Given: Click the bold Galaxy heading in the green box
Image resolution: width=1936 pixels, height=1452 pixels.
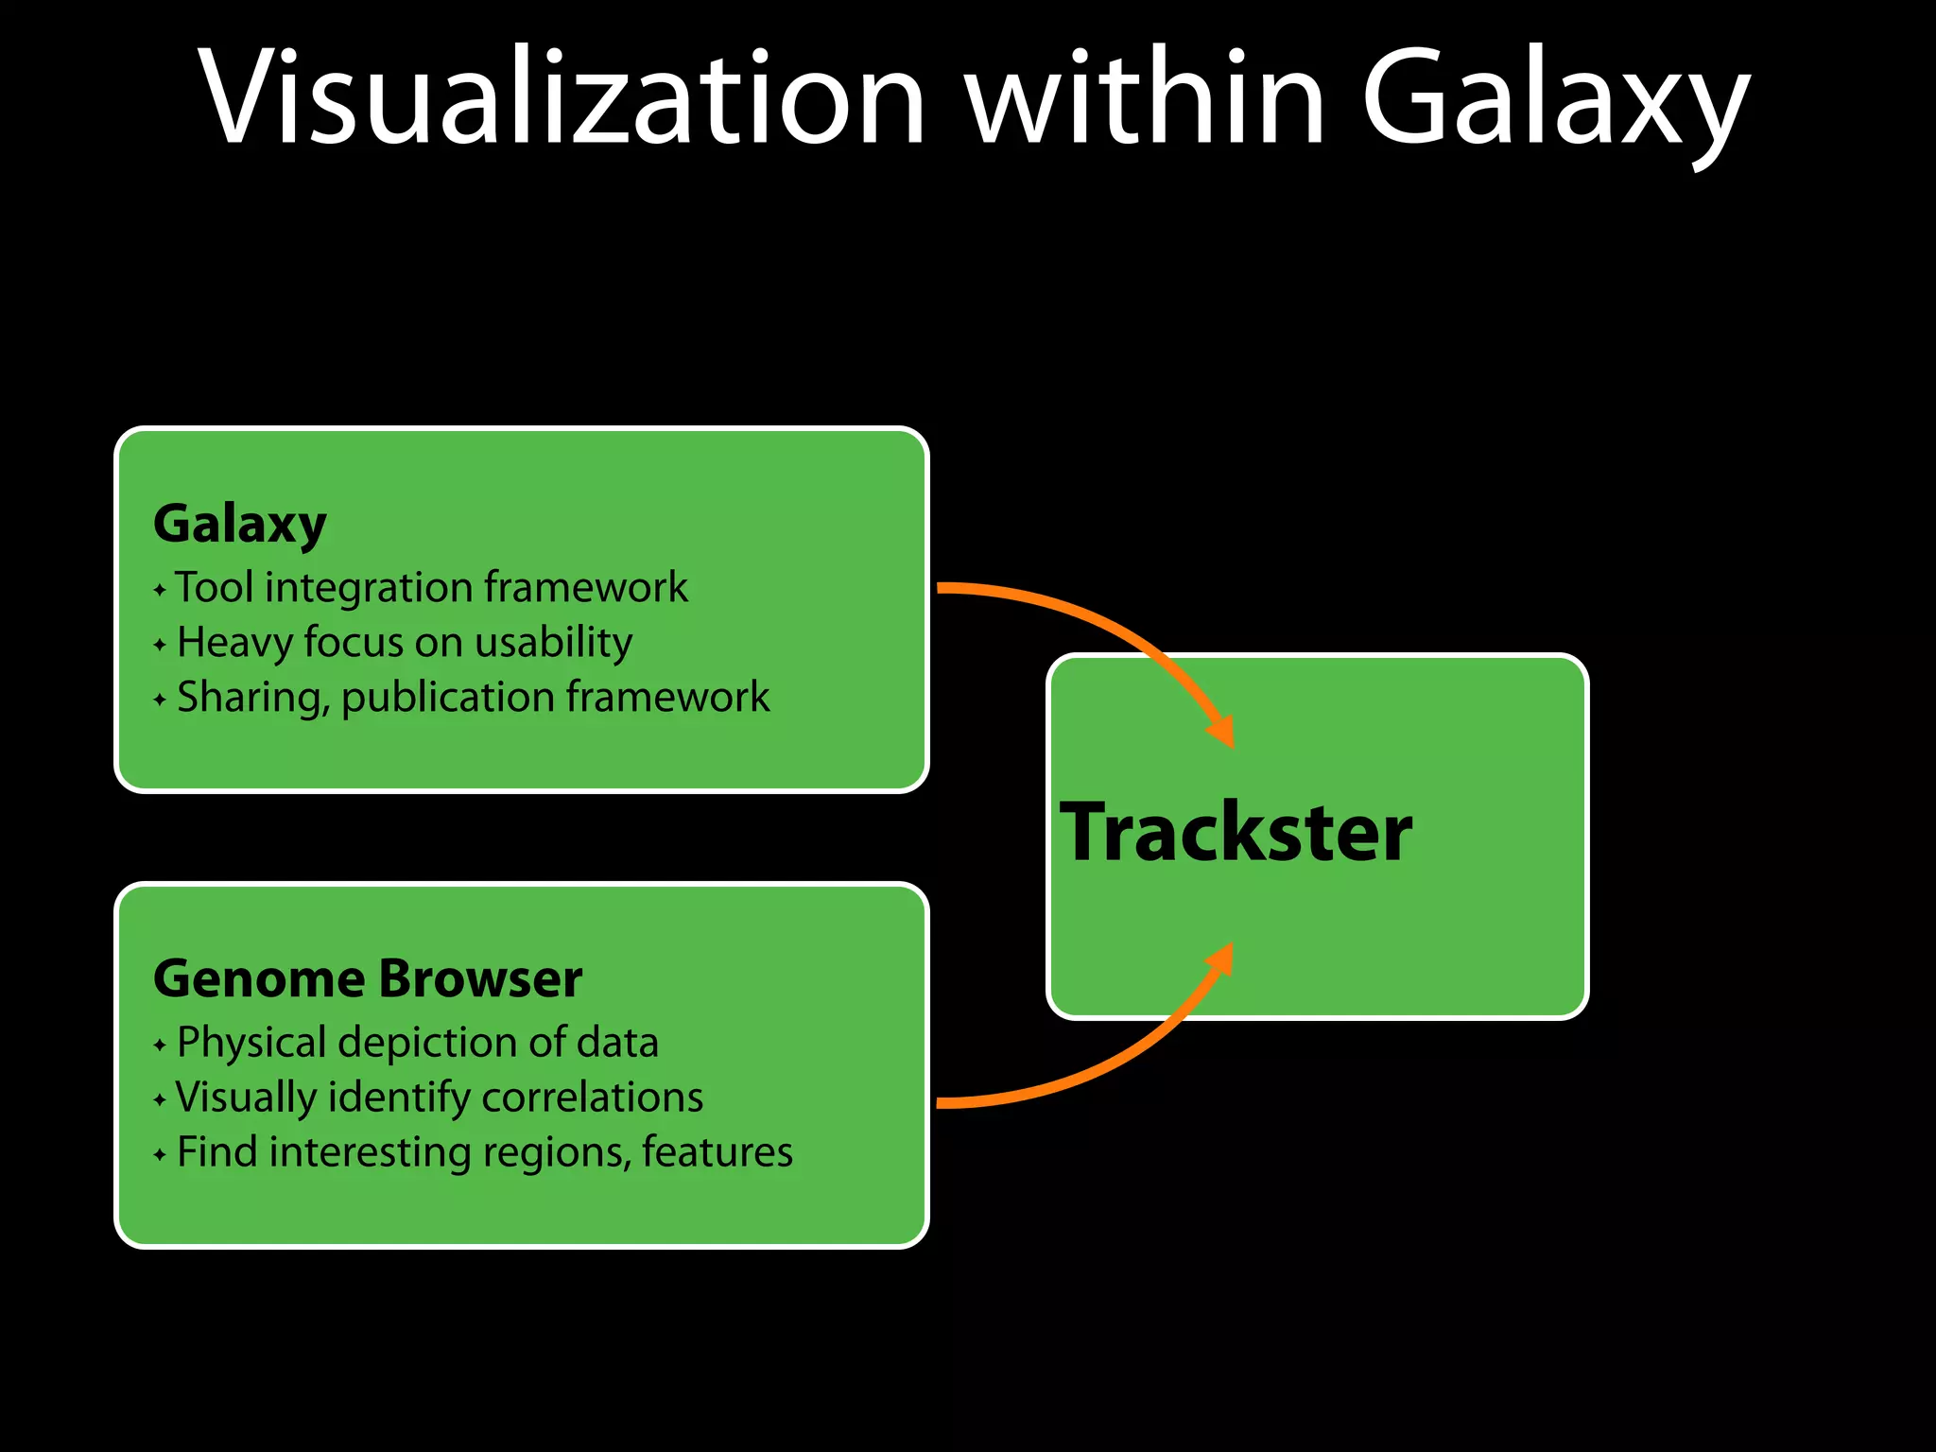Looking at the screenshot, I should [240, 525].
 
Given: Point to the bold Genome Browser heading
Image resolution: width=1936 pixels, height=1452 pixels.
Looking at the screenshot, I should [367, 979].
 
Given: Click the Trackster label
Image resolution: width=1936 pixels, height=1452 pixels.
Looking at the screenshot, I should [1236, 833].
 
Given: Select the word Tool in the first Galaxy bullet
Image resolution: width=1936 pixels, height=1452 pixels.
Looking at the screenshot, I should [215, 587].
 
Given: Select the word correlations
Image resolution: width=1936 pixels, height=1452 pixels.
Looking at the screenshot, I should [592, 1098].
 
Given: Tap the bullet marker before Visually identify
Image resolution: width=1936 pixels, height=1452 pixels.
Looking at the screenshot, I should [160, 1100].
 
